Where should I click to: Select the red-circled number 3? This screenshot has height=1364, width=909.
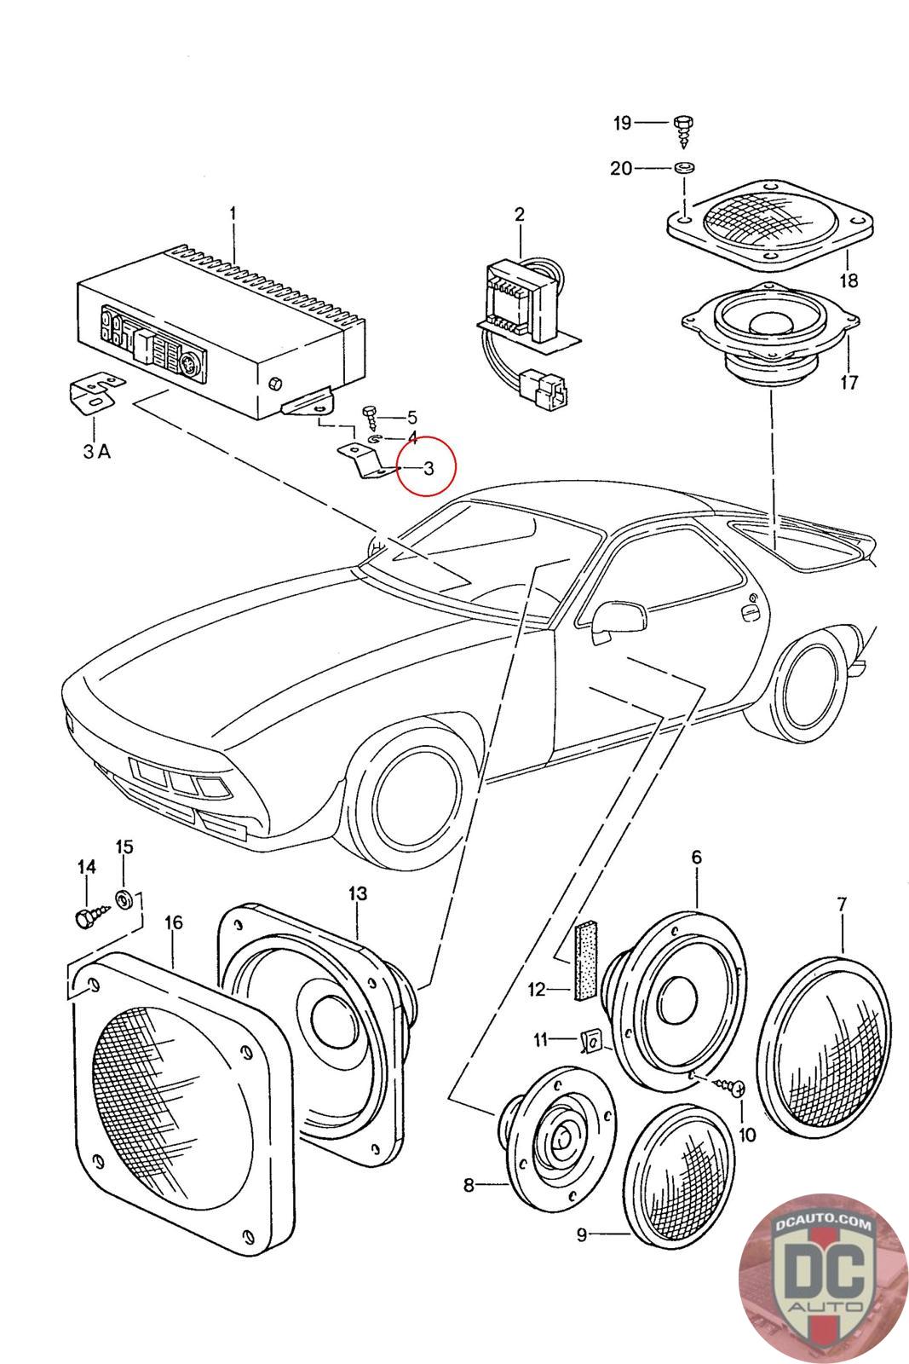click(429, 467)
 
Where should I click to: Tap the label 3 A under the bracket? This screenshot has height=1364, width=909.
click(96, 452)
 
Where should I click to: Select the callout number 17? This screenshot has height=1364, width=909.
click(849, 383)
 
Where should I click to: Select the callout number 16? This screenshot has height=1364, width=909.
click(174, 922)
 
